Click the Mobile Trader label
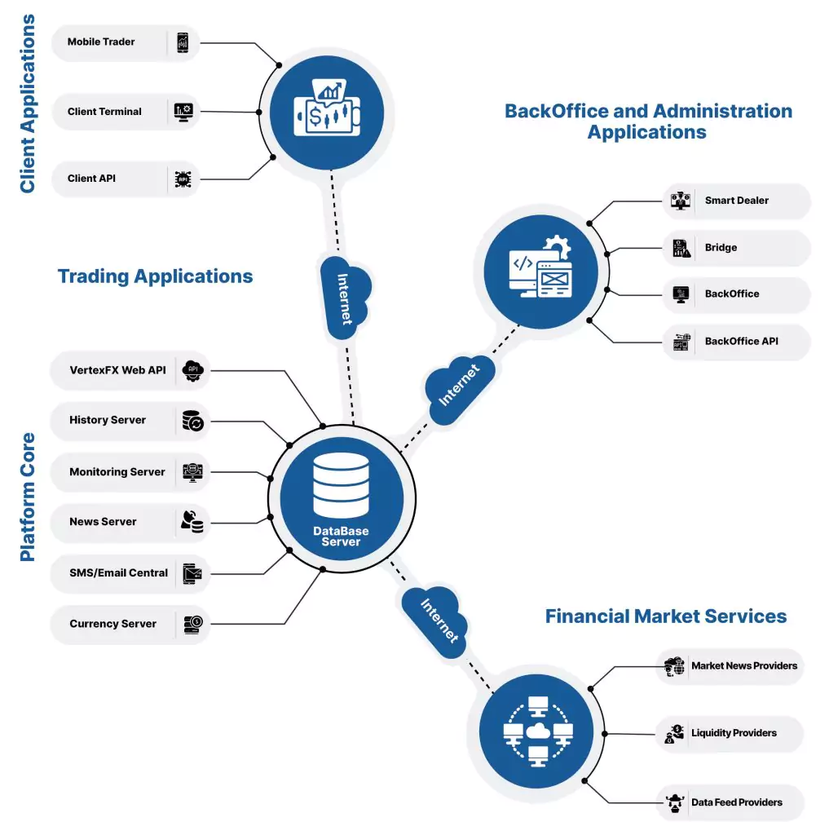click(x=101, y=42)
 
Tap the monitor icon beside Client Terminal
click(x=183, y=111)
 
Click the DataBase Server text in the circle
click(x=341, y=537)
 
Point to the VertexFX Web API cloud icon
click(x=193, y=369)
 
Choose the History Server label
click(x=108, y=420)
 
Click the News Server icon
click(x=192, y=522)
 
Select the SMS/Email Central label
click(x=118, y=572)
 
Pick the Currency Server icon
click(x=193, y=624)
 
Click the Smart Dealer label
click(x=736, y=200)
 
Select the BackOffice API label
click(x=741, y=341)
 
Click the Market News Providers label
click(x=743, y=665)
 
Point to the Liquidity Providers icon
click(x=674, y=733)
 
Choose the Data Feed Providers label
click(x=736, y=802)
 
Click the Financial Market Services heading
click(x=665, y=616)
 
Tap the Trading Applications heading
click(x=155, y=276)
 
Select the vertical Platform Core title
click(x=28, y=497)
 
